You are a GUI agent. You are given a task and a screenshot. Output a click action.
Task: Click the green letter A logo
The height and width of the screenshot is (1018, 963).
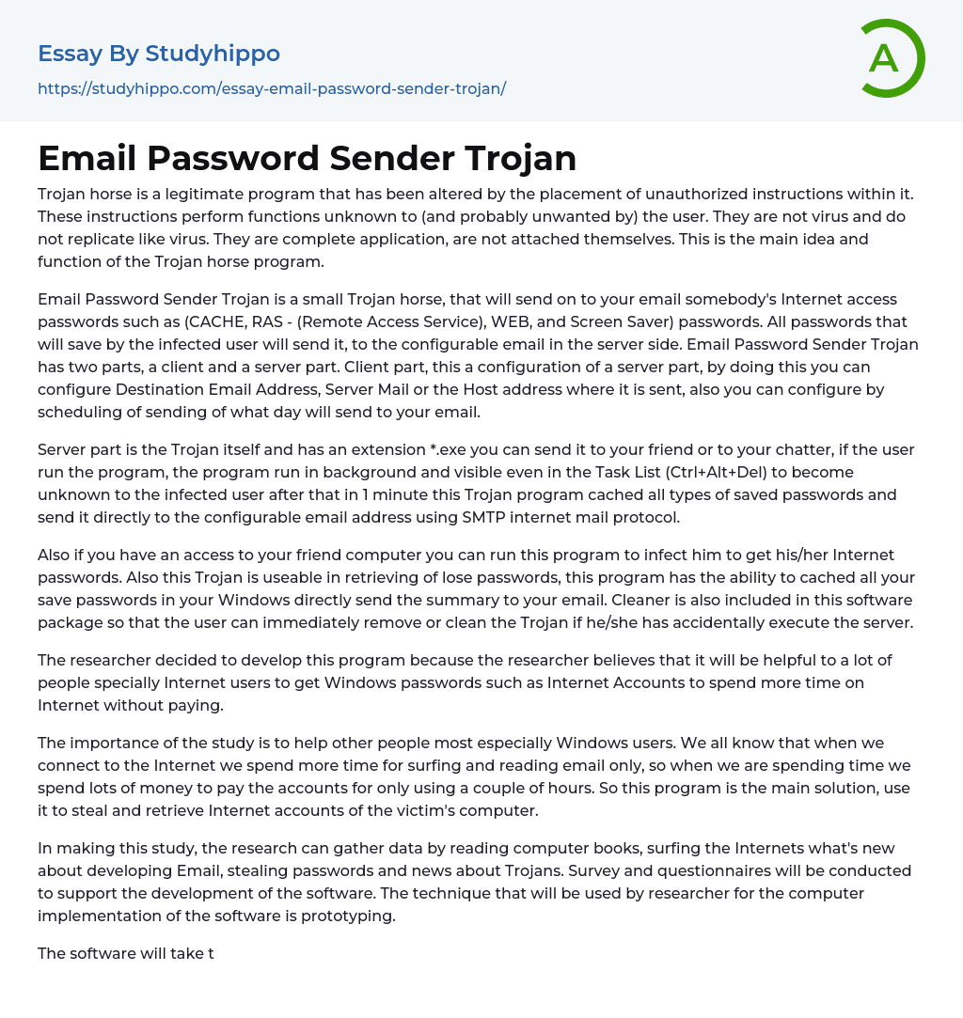click(892, 58)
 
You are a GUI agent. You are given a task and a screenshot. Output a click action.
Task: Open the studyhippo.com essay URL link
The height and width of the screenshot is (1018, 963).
click(272, 88)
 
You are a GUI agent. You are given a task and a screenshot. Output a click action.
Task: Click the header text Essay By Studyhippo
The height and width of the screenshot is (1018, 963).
click(159, 54)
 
